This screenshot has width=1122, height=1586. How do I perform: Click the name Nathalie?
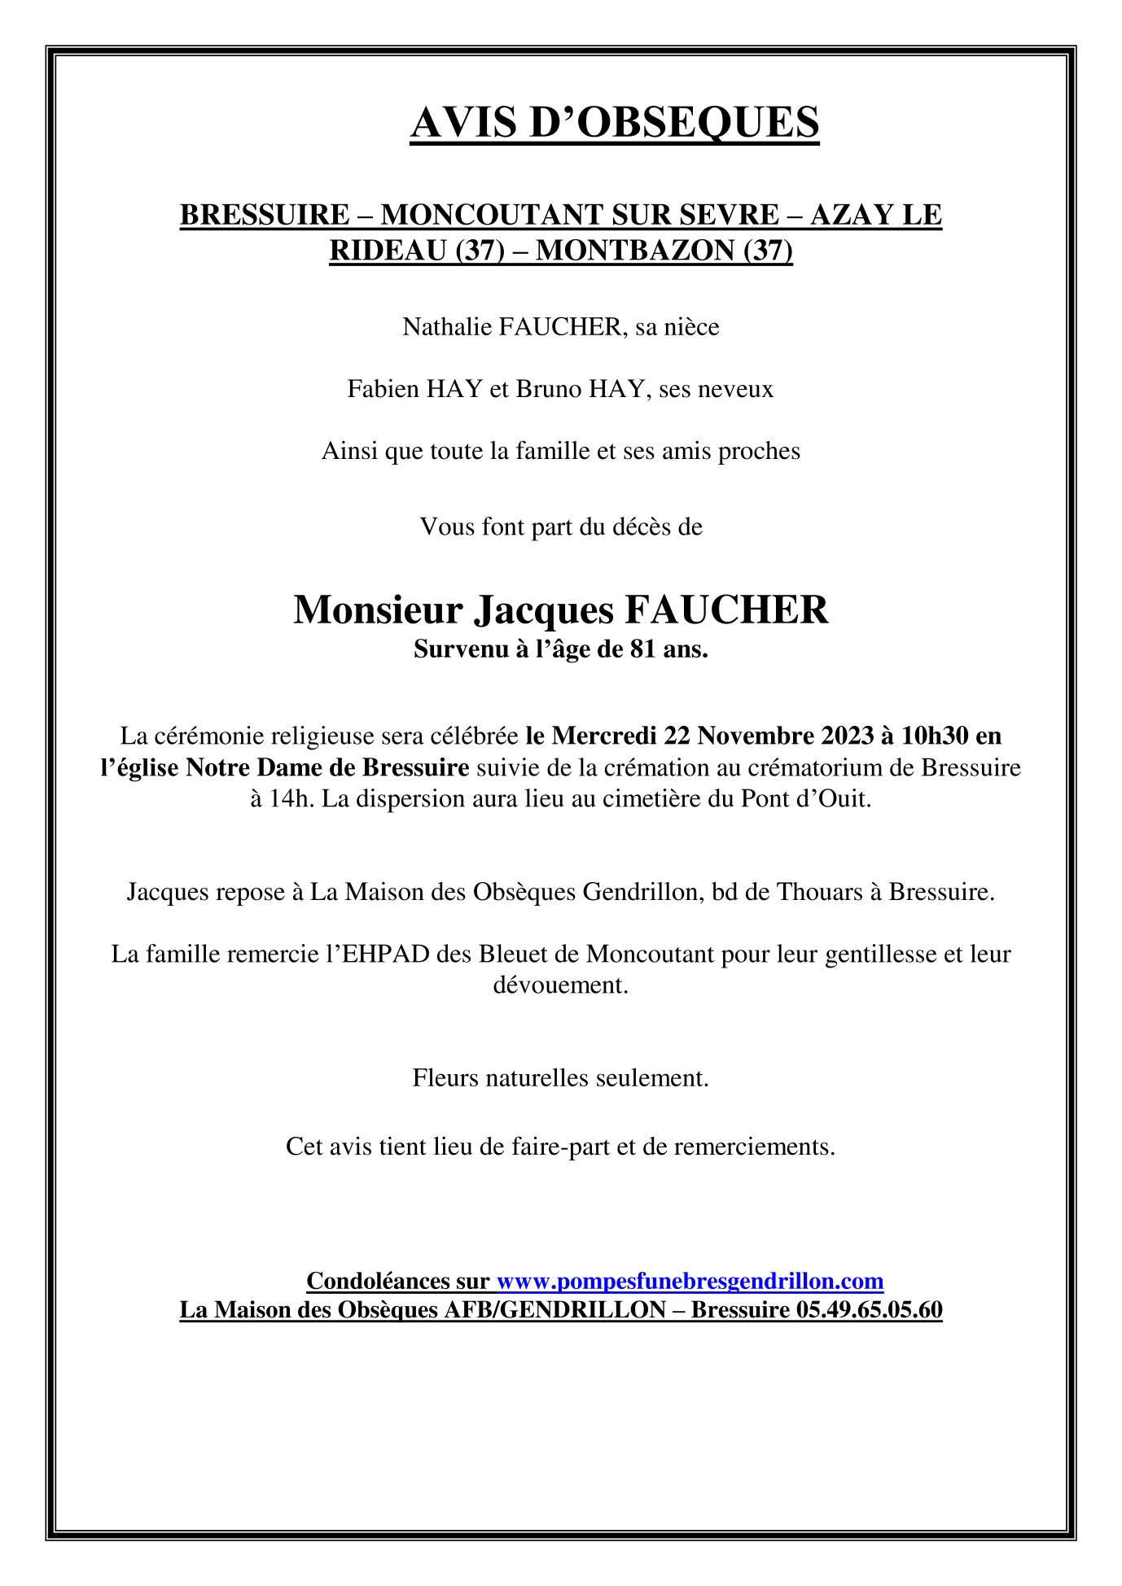click(x=447, y=327)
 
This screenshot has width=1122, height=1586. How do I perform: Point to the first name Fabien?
click(x=383, y=389)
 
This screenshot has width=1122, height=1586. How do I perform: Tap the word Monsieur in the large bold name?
click(x=378, y=609)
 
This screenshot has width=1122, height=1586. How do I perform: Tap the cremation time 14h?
click(x=292, y=798)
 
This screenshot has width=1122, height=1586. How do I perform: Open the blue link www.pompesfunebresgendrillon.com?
click(x=690, y=1282)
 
